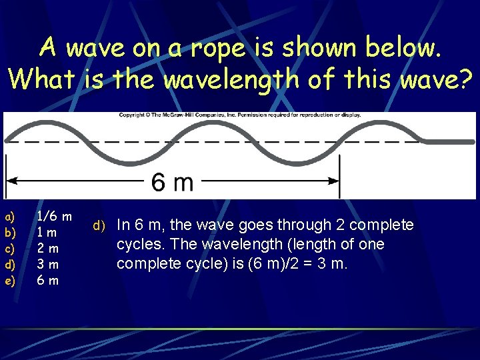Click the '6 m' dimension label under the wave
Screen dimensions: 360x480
click(172, 181)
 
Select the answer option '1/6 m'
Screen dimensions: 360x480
click(54, 216)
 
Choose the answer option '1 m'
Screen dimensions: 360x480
click(47, 232)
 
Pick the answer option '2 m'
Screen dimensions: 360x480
click(47, 248)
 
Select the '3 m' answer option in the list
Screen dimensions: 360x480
click(47, 264)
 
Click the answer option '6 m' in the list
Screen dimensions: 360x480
click(47, 280)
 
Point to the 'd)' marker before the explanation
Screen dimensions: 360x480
click(99, 226)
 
